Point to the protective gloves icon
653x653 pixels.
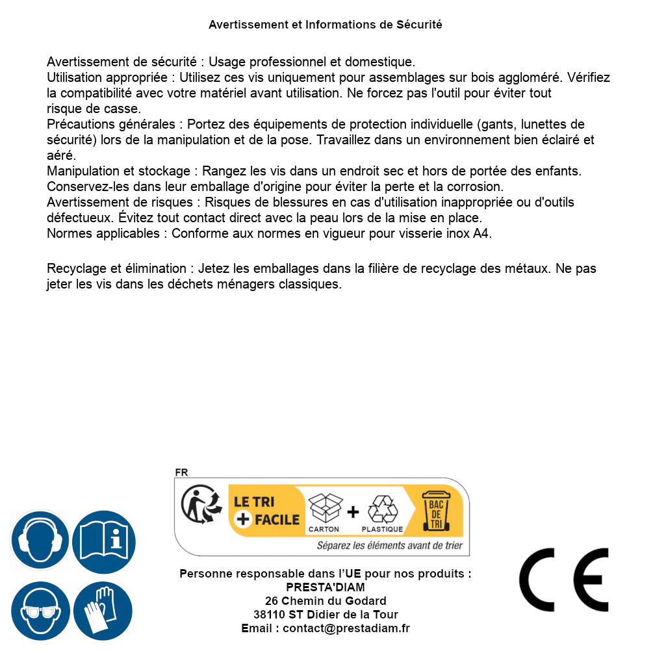tap(104, 611)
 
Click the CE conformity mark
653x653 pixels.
tap(563, 580)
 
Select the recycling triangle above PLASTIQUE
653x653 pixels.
tap(382, 509)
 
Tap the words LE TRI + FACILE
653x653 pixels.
tap(266, 511)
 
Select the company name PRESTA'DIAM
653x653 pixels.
tap(326, 587)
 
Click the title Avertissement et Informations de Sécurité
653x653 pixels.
tap(326, 25)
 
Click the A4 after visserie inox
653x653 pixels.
tap(481, 233)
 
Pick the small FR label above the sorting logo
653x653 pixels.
tap(181, 473)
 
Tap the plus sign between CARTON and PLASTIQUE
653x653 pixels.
tap(353, 512)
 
